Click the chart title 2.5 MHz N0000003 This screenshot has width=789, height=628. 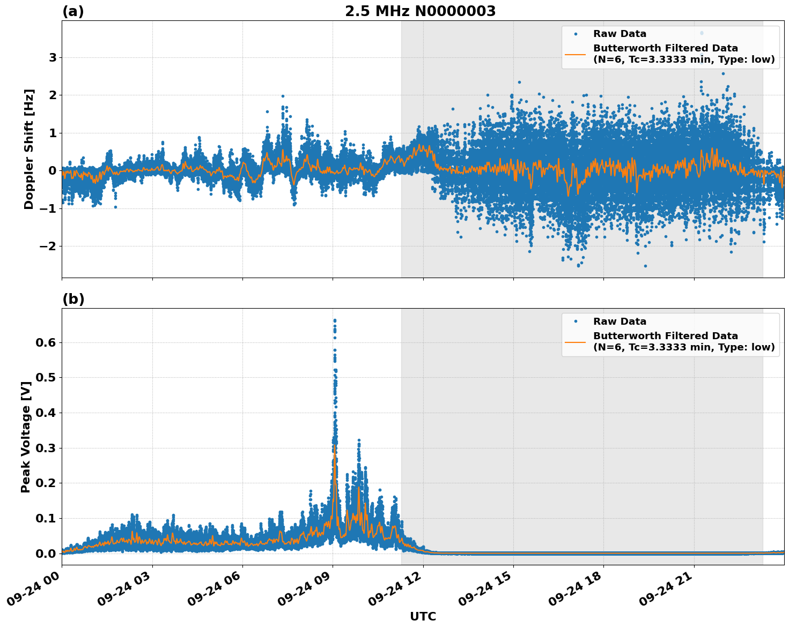click(420, 11)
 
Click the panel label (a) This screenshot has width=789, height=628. click(73, 11)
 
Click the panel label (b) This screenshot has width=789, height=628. click(73, 299)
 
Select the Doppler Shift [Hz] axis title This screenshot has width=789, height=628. click(29, 149)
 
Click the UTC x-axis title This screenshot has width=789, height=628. click(423, 616)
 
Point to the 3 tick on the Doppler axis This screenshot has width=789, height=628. click(53, 57)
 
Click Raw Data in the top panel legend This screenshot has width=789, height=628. click(620, 34)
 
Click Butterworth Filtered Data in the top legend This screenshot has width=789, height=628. click(665, 48)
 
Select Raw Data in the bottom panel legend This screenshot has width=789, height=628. click(620, 322)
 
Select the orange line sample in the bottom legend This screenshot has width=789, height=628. click(576, 342)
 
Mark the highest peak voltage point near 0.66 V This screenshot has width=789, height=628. click(335, 320)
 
